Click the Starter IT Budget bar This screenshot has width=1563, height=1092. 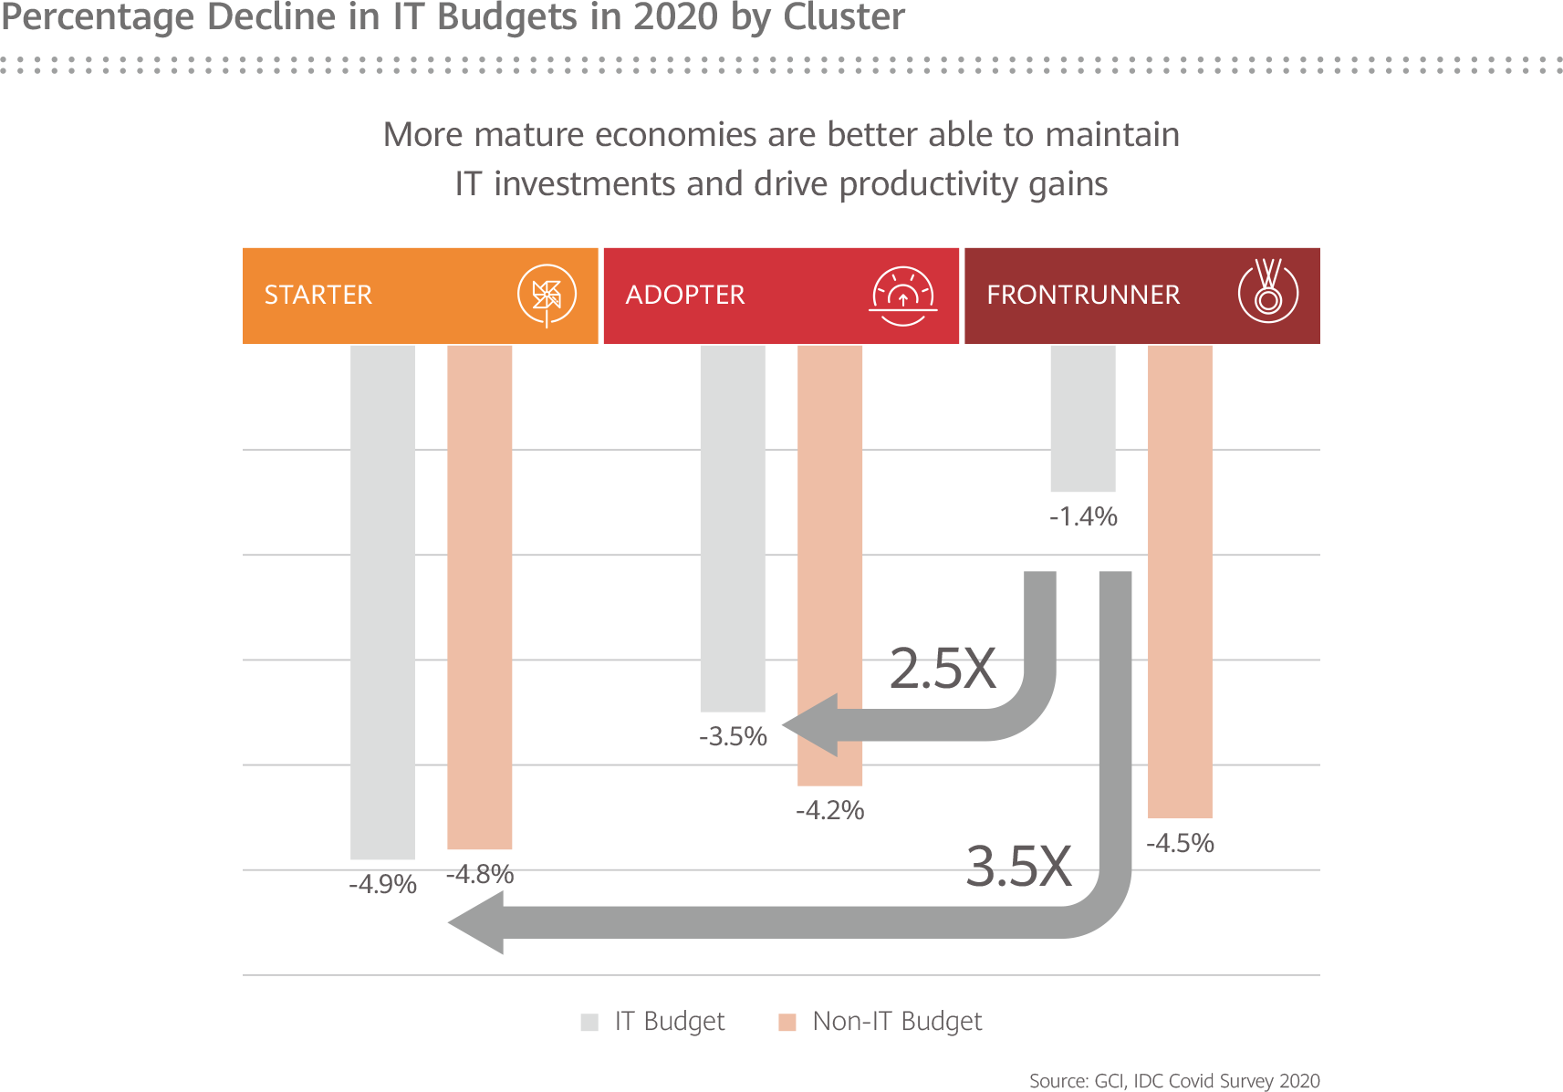tap(382, 602)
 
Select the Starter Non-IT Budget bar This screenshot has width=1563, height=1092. tap(480, 598)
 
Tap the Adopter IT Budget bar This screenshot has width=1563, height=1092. tap(732, 529)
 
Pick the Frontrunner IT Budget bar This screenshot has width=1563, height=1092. tap(1082, 419)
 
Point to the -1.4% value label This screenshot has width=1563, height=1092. tap(1083, 517)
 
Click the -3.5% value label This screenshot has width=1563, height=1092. tap(733, 736)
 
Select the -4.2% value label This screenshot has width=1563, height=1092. tap(829, 810)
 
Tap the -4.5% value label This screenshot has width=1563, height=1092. tap(1180, 843)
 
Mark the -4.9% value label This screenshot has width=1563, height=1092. tap(382, 884)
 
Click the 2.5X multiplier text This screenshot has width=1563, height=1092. tap(943, 668)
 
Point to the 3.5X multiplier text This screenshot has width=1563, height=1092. tap(1018, 865)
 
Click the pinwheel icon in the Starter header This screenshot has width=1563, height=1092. tap(547, 295)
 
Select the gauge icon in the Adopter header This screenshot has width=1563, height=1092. tap(902, 296)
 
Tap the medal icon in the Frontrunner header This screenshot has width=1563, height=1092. tap(1267, 293)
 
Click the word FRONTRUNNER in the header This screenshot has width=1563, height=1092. tap(1083, 295)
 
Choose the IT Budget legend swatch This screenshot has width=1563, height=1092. tap(589, 1022)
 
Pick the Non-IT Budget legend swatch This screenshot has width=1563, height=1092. tap(787, 1022)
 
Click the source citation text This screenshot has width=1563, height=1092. tap(1174, 1081)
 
